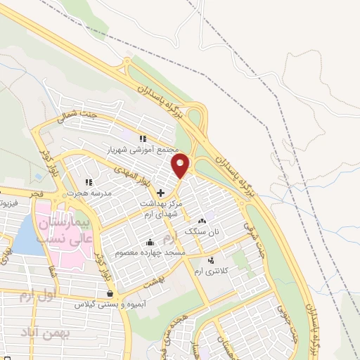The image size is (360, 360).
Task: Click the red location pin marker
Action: click(181, 166)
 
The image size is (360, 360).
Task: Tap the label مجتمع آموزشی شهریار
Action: click(141, 150)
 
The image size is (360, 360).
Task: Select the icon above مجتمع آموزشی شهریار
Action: click(142, 139)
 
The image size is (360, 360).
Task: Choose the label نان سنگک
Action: click(202, 231)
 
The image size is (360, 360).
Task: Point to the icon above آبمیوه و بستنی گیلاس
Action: click(109, 293)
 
